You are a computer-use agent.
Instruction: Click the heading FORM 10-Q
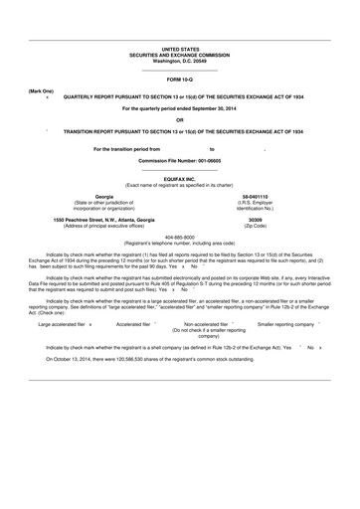[x=180, y=78]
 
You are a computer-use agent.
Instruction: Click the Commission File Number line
[x=180, y=159]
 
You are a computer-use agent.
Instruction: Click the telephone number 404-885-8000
[x=180, y=238]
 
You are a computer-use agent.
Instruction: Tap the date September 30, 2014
[x=214, y=108]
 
